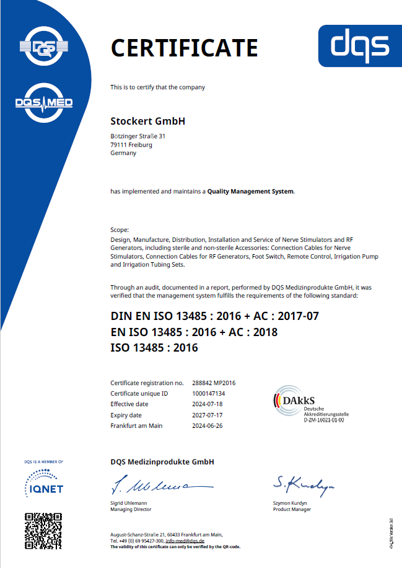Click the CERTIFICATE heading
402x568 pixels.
184,48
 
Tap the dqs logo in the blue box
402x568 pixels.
359,45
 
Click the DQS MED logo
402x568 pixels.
43,102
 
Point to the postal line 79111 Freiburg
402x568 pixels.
131,144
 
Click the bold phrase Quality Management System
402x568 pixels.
251,192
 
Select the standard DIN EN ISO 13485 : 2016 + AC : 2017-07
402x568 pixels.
214,316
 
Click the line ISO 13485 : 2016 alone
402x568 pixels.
154,348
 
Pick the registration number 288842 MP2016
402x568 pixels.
214,383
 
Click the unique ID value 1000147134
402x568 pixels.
208,393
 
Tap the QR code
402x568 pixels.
43,529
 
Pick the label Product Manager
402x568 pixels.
292,509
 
